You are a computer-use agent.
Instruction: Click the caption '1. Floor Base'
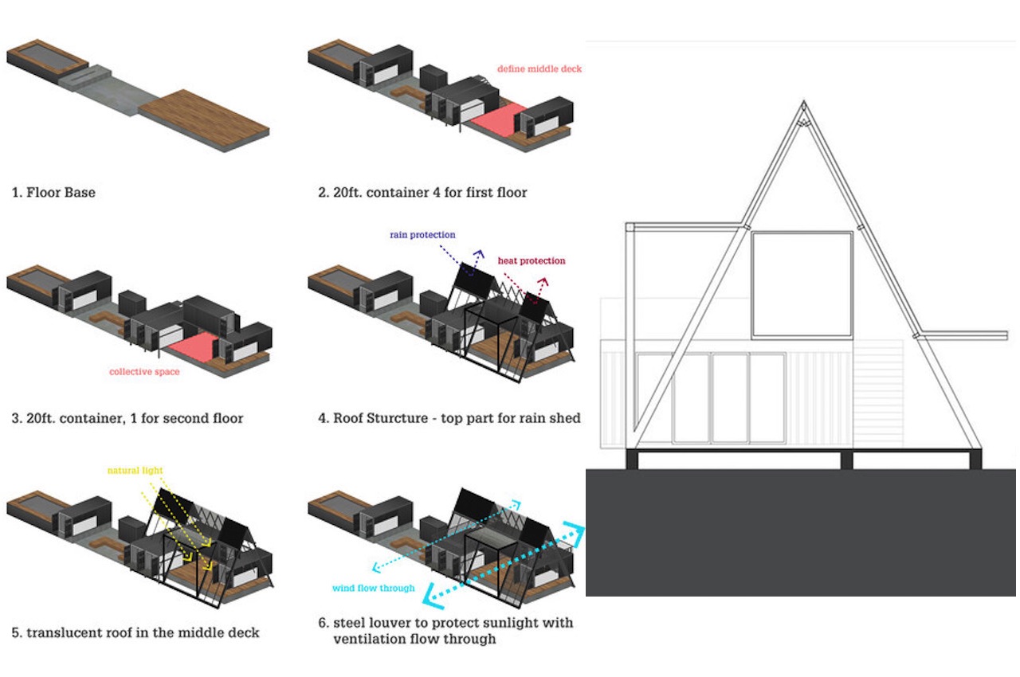point(53,192)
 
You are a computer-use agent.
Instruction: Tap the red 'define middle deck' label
point(539,69)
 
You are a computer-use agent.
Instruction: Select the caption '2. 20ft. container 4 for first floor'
point(422,192)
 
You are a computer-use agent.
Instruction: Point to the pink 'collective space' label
point(144,372)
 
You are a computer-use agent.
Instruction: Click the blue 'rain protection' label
point(422,235)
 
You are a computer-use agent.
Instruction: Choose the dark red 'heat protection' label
point(532,260)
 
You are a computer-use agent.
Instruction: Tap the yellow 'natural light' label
point(135,471)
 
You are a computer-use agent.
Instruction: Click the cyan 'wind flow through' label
point(374,589)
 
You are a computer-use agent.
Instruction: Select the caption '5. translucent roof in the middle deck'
point(135,633)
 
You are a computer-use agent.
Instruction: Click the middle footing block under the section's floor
point(846,460)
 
